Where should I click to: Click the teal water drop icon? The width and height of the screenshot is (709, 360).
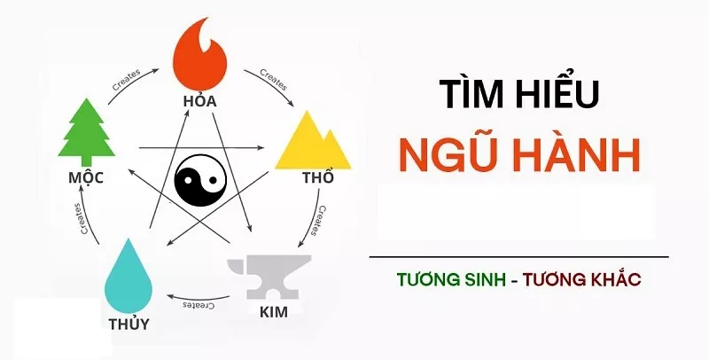(129, 277)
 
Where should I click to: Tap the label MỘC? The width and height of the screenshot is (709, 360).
(86, 176)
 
